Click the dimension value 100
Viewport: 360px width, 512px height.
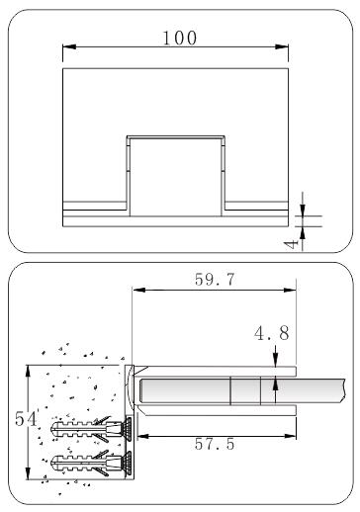(x=180, y=38)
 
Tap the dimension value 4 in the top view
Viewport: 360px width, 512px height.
(x=292, y=244)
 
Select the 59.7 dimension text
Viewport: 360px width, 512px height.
(x=215, y=280)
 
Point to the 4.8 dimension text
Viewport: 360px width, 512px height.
(x=272, y=333)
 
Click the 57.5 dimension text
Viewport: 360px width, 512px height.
(x=215, y=444)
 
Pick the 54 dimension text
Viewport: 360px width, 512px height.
(x=26, y=419)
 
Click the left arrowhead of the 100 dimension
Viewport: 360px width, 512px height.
(x=69, y=46)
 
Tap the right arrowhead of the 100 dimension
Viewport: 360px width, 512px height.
(x=282, y=46)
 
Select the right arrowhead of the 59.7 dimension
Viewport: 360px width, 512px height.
(x=290, y=290)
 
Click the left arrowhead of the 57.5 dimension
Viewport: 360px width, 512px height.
(x=143, y=436)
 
